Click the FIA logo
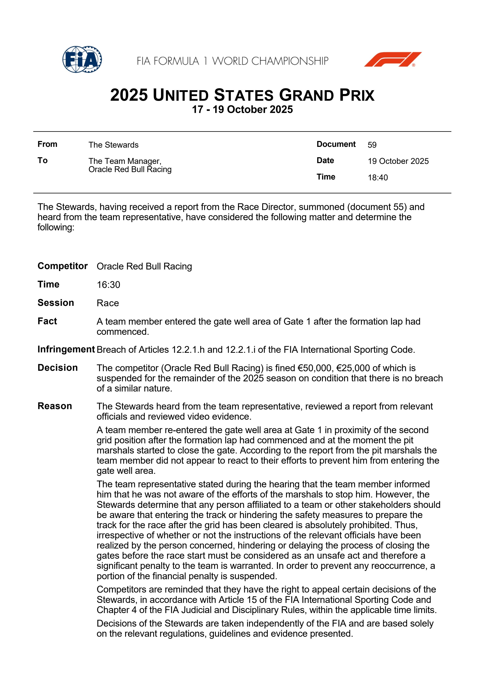(x=82, y=59)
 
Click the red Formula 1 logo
(x=392, y=59)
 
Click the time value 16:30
(x=108, y=285)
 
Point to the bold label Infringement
(x=66, y=349)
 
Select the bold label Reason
(x=55, y=406)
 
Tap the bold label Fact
(x=47, y=321)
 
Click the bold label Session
(x=56, y=303)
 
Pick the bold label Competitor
(x=62, y=266)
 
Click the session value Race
(x=108, y=303)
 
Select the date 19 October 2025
(x=398, y=161)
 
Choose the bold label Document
(x=336, y=144)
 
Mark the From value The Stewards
(x=113, y=145)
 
